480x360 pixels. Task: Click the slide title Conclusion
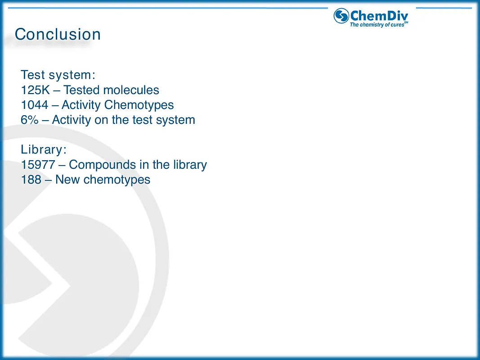point(58,35)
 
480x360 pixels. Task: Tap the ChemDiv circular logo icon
point(341,16)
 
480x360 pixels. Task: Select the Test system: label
point(58,75)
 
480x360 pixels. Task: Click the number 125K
point(36,90)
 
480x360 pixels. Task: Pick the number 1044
point(35,105)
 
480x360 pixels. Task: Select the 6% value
point(30,120)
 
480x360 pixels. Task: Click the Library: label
point(44,150)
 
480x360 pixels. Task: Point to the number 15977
point(38,165)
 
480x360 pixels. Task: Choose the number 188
point(31,180)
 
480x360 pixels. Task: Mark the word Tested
point(82,90)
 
